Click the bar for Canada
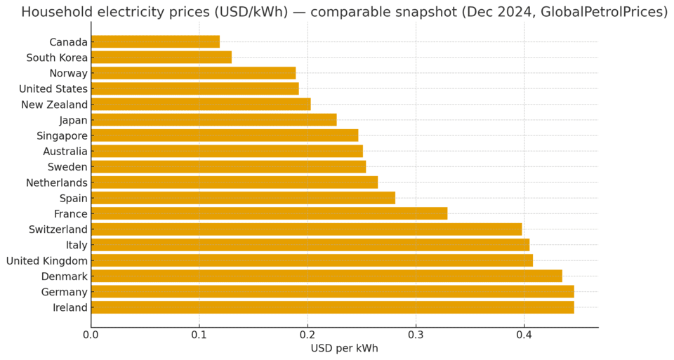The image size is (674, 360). pos(155,42)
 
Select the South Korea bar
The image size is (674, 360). pos(161,58)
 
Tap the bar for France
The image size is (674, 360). pos(269,214)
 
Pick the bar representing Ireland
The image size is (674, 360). pos(332,307)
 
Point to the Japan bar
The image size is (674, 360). pos(213,120)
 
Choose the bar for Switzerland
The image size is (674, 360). pos(306,229)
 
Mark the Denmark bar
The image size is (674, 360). pos(326,276)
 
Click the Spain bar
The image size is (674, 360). pos(243,198)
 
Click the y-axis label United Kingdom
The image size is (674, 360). pos(47,261)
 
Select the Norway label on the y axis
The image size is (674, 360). pos(68,74)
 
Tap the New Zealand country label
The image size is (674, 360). pos(55,105)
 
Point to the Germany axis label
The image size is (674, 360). pos(64,292)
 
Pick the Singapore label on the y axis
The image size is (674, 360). pos(62,136)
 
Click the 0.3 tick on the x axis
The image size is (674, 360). pos(416,335)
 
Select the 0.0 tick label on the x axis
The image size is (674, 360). pos(91,335)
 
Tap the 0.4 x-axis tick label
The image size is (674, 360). pos(524,335)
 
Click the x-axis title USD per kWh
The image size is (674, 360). pos(344,349)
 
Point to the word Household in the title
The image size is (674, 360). pos(57,12)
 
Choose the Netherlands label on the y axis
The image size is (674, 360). pos(57,183)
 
